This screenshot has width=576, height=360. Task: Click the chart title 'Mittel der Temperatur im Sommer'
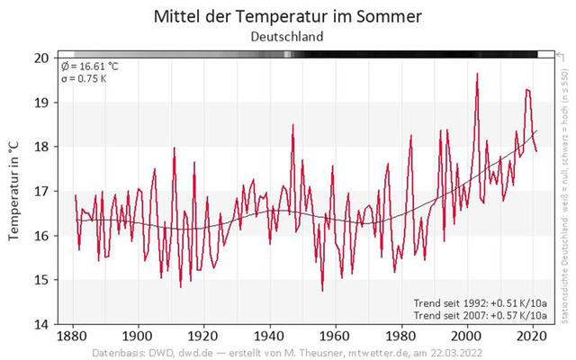coord(287,16)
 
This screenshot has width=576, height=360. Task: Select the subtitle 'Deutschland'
coord(287,37)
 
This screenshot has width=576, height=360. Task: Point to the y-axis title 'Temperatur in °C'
coord(14,190)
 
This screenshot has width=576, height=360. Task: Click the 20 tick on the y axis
coord(40,58)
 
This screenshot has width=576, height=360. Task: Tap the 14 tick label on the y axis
coord(40,323)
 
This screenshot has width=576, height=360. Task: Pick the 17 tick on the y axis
coord(40,191)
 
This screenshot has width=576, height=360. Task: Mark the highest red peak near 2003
coord(477,74)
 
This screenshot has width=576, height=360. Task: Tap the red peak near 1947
coord(292,125)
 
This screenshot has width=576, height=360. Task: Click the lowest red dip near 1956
coord(322,291)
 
